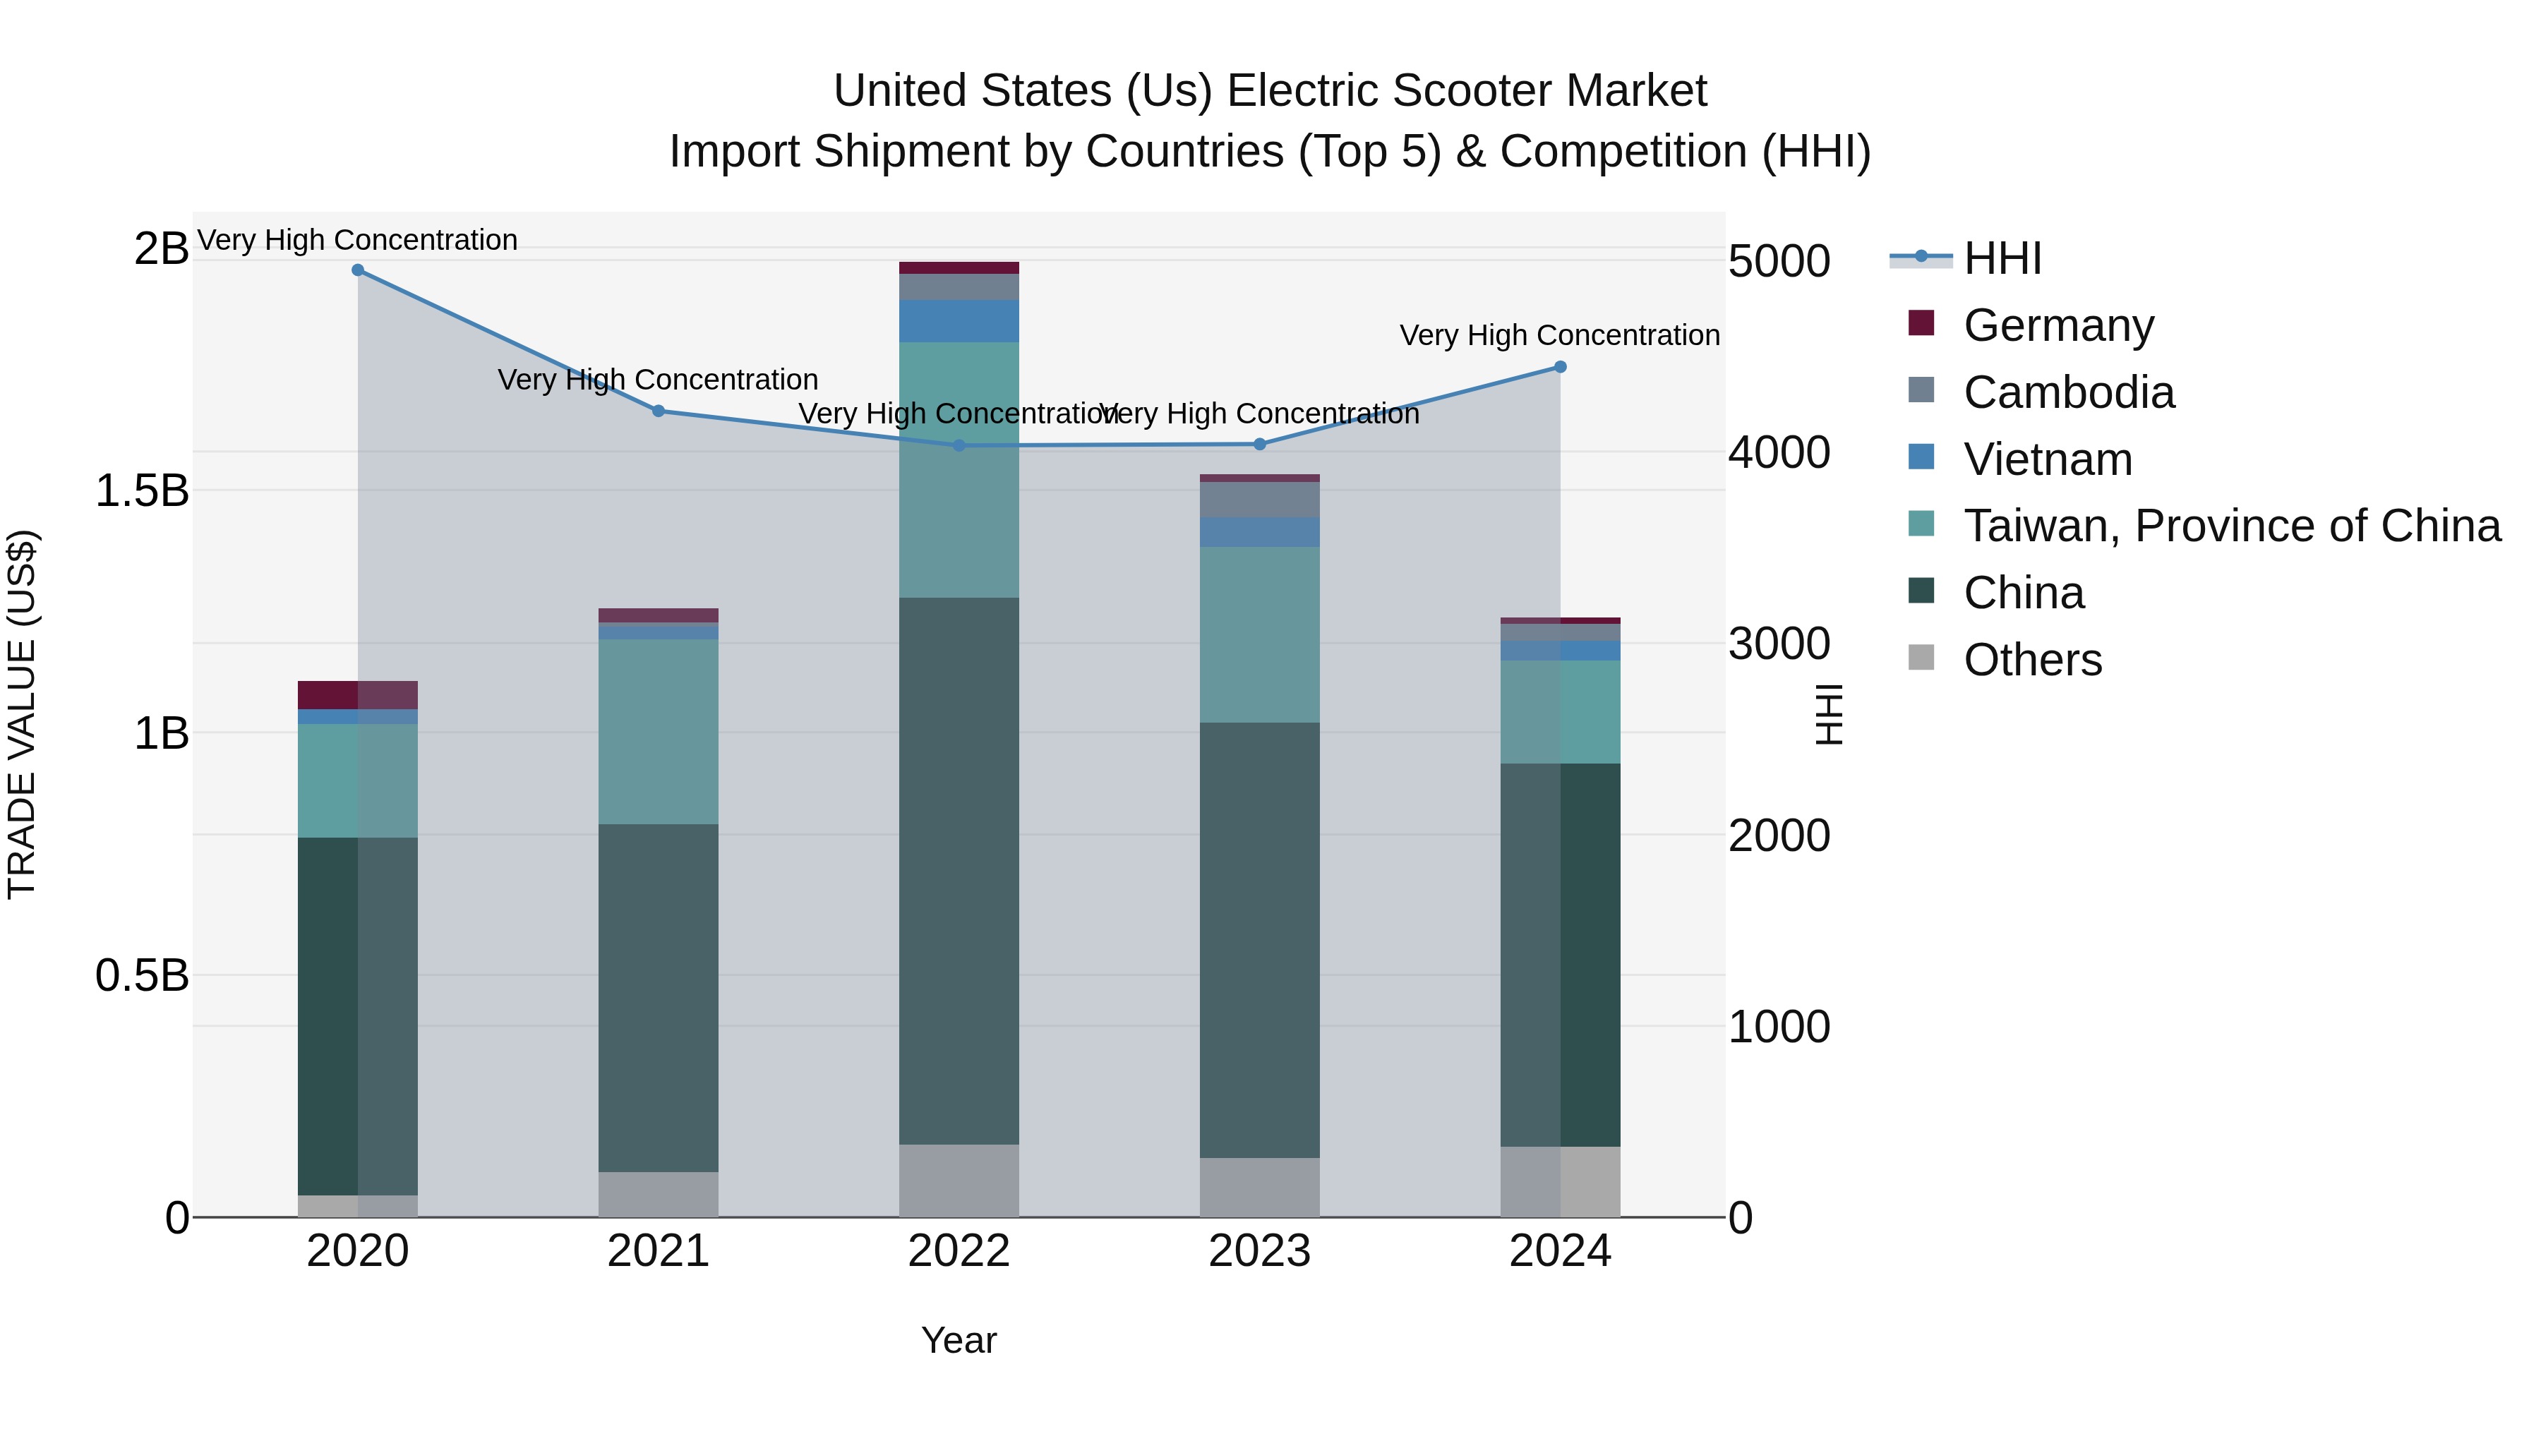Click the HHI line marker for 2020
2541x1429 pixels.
tap(358, 270)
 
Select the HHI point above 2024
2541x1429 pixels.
tap(1561, 367)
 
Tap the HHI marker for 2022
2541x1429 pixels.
tap(959, 446)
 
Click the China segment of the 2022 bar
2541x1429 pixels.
tap(959, 868)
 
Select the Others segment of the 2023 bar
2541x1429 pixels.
tap(1260, 1188)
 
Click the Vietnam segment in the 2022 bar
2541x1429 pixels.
tap(959, 320)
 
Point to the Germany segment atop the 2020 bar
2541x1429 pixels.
tap(357, 694)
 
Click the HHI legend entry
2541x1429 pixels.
tap(2002, 258)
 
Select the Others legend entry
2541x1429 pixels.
tap(2032, 660)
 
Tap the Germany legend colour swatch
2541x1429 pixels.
tap(1921, 323)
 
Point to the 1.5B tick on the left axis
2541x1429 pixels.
tap(141, 491)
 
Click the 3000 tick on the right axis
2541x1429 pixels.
tap(1779, 644)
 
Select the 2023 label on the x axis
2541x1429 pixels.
tap(1260, 1251)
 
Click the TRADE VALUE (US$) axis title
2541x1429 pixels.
tap(22, 714)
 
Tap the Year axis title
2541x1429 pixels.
tap(959, 1340)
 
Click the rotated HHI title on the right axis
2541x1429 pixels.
tap(1828, 714)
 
